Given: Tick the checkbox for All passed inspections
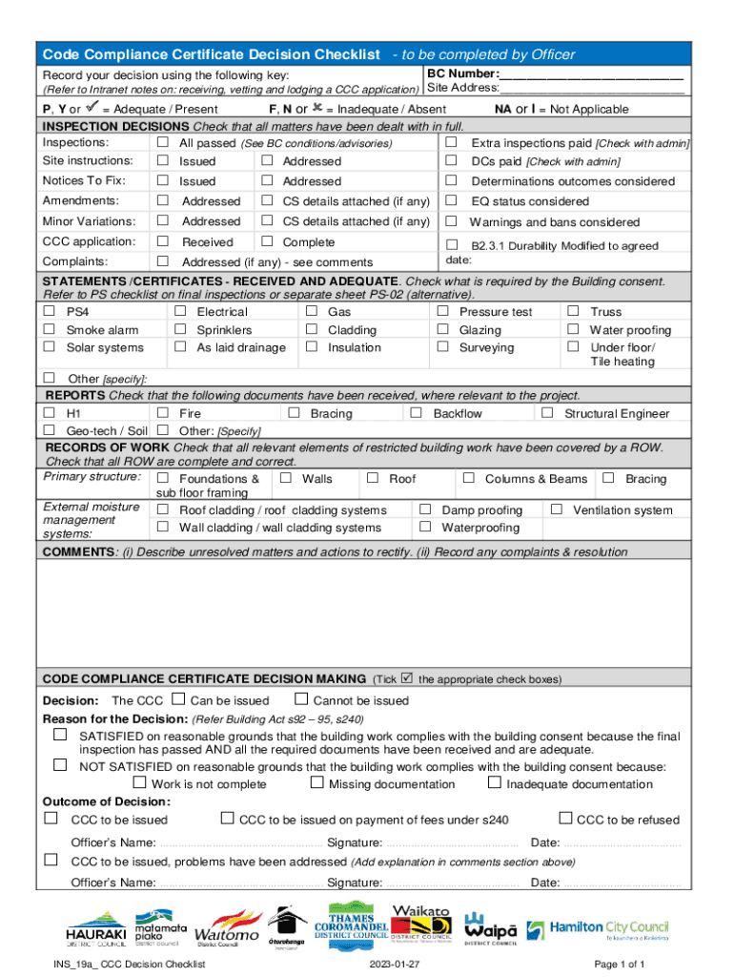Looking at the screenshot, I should pyautogui.click(x=163, y=142).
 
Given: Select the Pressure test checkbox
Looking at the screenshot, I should pyautogui.click(x=442, y=311).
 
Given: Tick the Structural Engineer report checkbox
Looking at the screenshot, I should pyautogui.click(x=547, y=413).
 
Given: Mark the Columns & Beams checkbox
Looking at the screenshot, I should pyautogui.click(x=468, y=478).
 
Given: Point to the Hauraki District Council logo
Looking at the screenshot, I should pyautogui.click(x=96, y=929).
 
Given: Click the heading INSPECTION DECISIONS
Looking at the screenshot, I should pyautogui.click(x=114, y=126).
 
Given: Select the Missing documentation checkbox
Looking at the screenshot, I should pyautogui.click(x=317, y=783).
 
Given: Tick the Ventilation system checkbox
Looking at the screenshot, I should pyautogui.click(x=557, y=509).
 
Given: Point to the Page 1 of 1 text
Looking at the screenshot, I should pyautogui.click(x=619, y=965).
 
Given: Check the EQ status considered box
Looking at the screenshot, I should pyautogui.click(x=451, y=201).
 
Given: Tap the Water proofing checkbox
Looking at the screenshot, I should pyautogui.click(x=573, y=329).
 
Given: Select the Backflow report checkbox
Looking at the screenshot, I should pyautogui.click(x=416, y=413).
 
